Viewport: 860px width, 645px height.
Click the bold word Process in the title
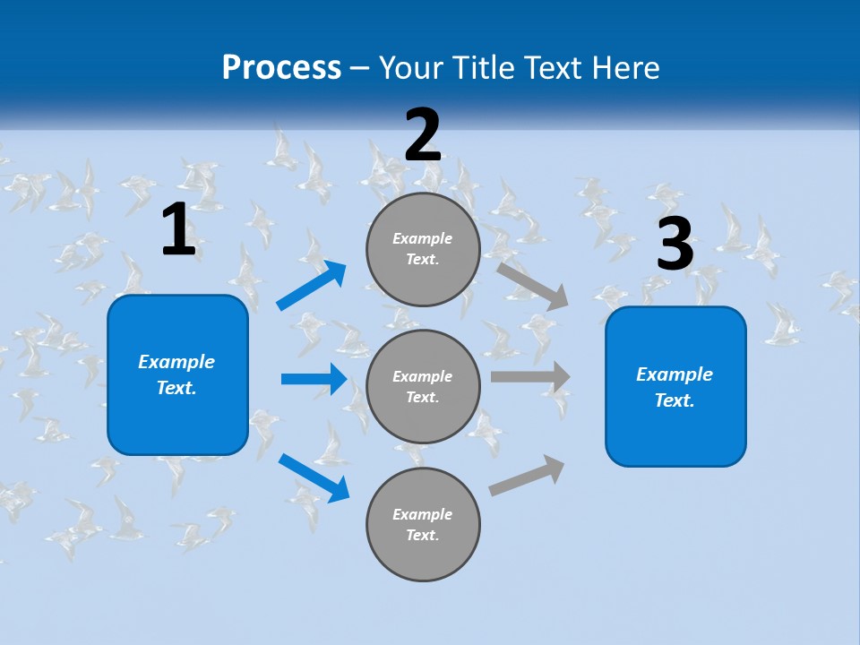click(281, 68)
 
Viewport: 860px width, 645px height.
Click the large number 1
click(178, 230)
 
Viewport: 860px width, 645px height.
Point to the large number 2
click(423, 135)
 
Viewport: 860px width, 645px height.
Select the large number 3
click(675, 245)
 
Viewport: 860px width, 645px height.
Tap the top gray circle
click(423, 249)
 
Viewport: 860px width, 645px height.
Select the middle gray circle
click(423, 387)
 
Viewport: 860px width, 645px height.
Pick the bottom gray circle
click(423, 525)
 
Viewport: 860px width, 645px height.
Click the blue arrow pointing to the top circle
click(311, 286)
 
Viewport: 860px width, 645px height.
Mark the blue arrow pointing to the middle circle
click(314, 379)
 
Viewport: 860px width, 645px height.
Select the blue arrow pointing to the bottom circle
click(314, 477)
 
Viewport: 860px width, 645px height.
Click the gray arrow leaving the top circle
click(533, 286)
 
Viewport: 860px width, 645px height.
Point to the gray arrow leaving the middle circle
click(530, 377)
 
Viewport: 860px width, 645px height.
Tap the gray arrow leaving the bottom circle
click(528, 475)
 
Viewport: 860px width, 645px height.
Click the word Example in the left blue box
click(176, 362)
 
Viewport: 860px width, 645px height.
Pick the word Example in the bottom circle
click(422, 514)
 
